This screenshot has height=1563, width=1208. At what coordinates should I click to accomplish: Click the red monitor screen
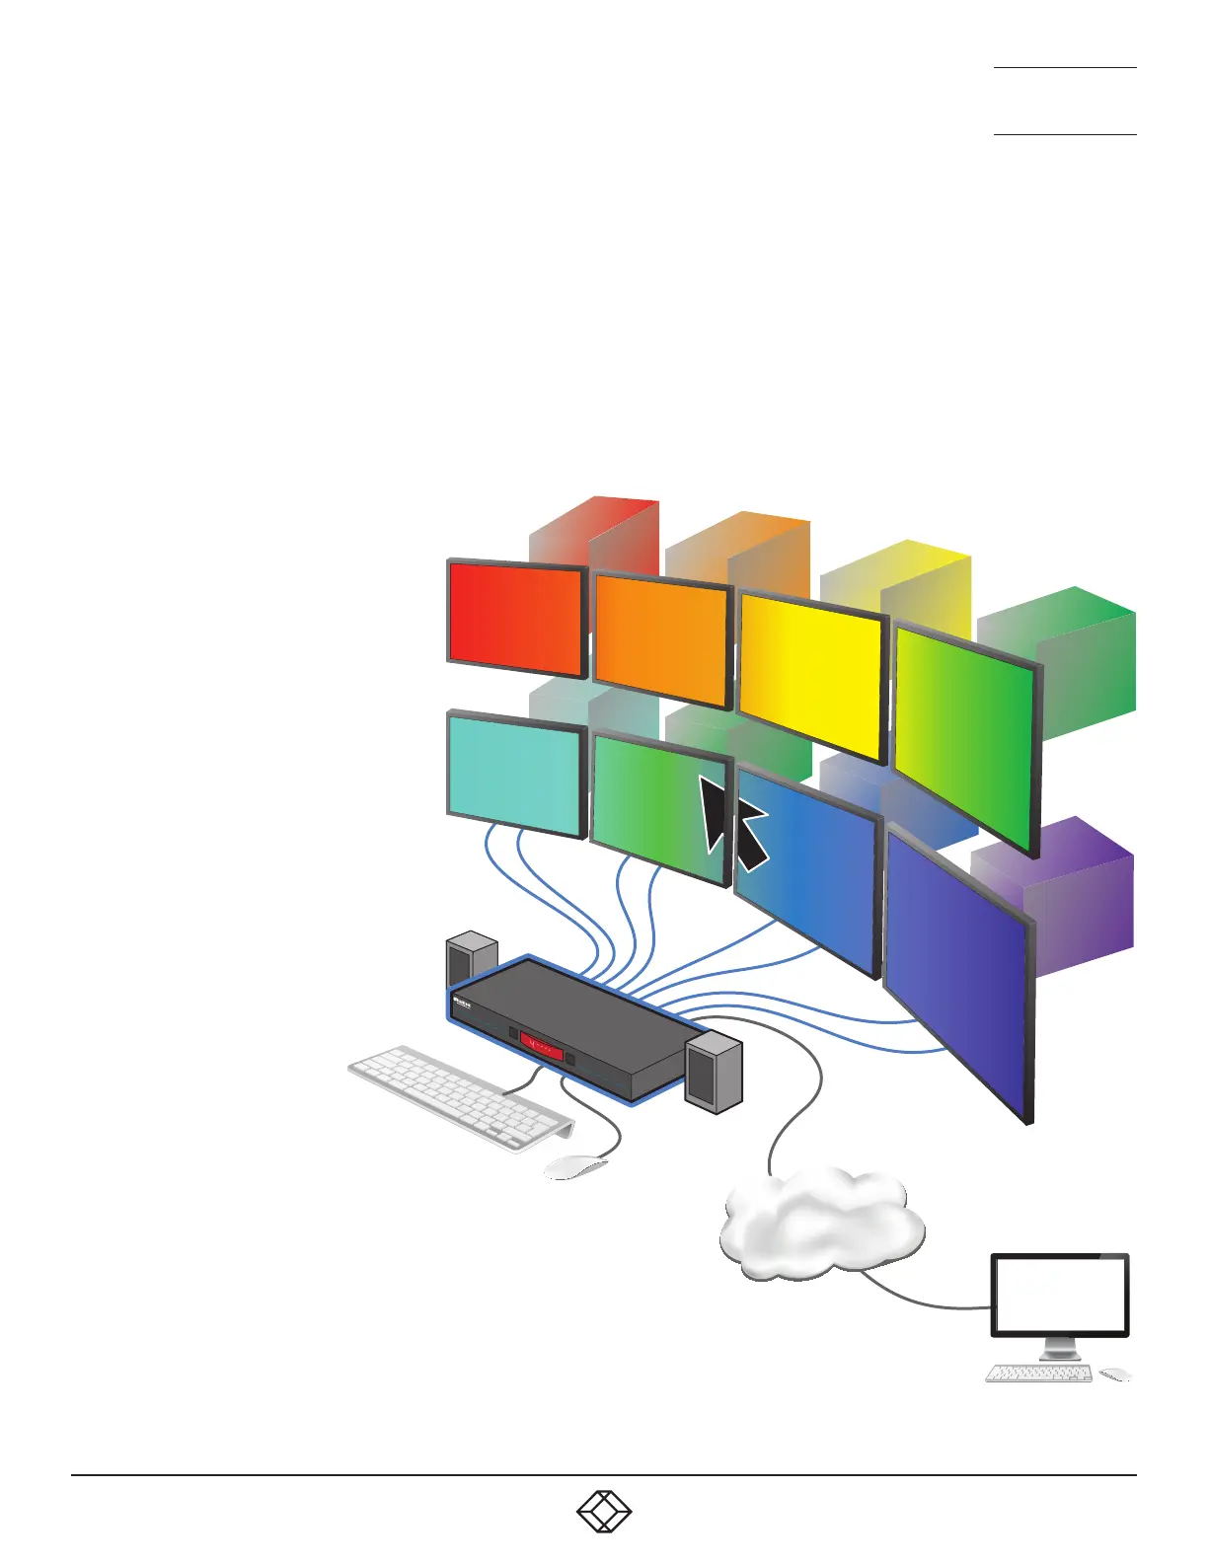515,618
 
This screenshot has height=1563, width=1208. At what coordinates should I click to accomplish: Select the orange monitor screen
661,641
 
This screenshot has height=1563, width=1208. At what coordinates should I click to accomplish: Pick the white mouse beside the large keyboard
576,1166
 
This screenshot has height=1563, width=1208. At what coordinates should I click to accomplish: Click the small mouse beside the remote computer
1114,1374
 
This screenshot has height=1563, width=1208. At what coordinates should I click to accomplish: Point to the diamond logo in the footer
604,1512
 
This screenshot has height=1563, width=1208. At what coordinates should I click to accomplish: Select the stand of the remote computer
1058,1348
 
